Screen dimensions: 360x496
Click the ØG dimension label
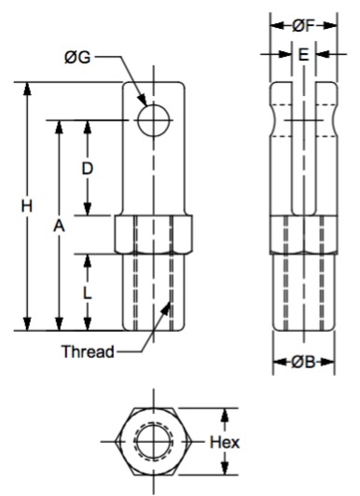point(77,58)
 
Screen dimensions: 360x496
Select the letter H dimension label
point(27,206)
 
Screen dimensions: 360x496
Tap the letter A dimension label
point(59,227)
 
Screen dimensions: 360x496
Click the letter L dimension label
point(87,294)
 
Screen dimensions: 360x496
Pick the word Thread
point(88,351)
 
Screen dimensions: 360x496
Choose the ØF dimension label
point(303,26)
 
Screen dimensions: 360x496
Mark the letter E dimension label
point(303,54)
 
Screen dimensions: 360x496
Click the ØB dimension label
point(303,362)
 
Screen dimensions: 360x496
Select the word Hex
point(225,442)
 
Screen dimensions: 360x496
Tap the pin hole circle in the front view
point(154,104)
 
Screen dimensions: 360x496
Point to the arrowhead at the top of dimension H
point(28,90)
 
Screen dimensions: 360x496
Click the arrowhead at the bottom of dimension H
point(28,324)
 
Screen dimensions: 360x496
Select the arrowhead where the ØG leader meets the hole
point(143,100)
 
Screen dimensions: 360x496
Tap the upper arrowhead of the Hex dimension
point(225,415)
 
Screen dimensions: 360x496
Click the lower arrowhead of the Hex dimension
point(225,468)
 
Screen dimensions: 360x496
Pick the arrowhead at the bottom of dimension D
point(88,209)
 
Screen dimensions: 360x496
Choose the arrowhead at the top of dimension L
point(88,261)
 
